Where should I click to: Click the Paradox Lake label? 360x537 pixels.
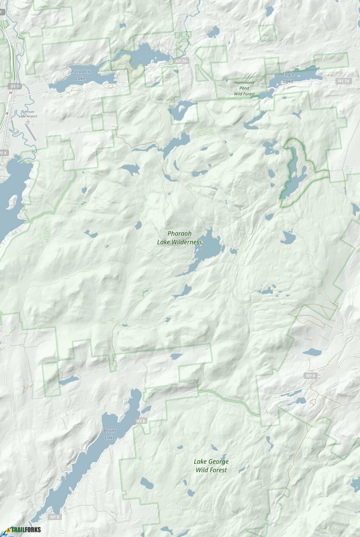(80, 75)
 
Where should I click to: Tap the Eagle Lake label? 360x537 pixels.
(288, 78)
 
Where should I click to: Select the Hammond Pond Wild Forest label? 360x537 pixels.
(244, 88)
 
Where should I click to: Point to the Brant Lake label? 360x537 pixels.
(110, 434)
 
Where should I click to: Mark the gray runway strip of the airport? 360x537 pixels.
(31, 133)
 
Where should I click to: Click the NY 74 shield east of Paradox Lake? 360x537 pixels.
(181, 61)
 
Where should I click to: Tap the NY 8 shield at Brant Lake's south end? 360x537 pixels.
(55, 517)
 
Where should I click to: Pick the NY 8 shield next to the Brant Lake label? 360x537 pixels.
(141, 421)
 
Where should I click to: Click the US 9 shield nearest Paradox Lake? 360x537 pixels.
(15, 86)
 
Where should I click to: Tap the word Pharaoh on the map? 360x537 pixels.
(180, 234)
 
